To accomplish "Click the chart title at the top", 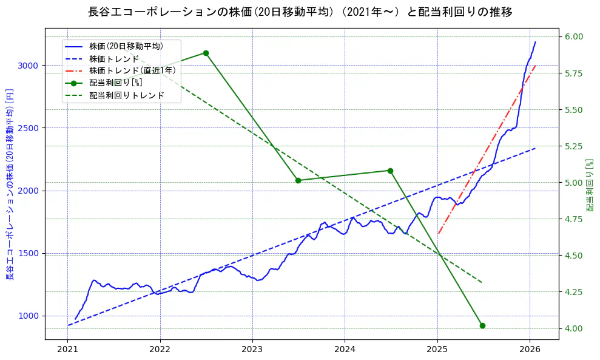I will coord(300,12).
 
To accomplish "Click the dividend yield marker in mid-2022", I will coord(206,53).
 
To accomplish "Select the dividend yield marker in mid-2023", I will coord(298,180).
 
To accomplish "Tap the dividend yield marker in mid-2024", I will coord(390,171).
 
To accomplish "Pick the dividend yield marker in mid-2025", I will coord(482,325).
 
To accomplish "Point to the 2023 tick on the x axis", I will coord(252,349).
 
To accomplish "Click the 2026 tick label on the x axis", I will coord(530,349).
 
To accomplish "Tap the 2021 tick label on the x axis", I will coord(67,349).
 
